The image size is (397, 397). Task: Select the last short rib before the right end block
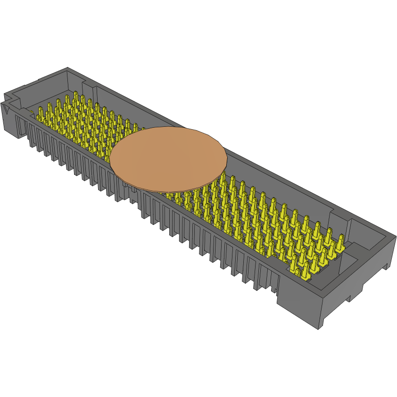(x=273, y=288)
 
